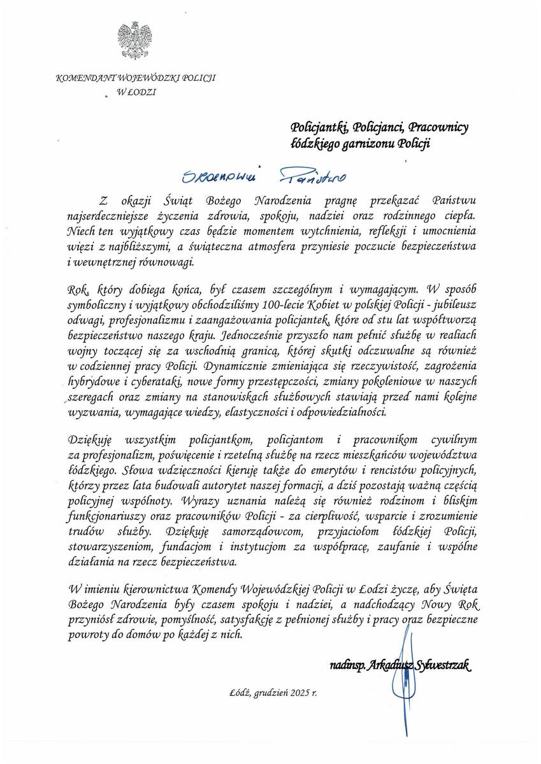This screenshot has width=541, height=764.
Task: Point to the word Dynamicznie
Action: (250, 366)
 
